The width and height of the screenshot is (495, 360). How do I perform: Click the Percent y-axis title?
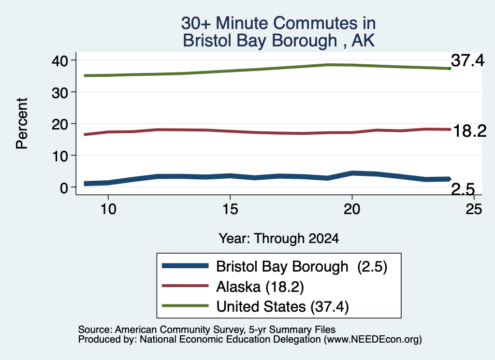click(x=22, y=123)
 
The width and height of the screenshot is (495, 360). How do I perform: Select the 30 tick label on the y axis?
click(x=59, y=92)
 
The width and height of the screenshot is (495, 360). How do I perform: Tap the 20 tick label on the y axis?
click(x=59, y=124)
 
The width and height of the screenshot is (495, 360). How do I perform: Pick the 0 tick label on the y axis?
click(x=64, y=187)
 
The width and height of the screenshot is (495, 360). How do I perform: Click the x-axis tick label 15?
click(x=230, y=209)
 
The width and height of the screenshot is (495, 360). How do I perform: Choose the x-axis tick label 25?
click(x=474, y=209)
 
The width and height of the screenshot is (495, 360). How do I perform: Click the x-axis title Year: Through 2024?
click(x=279, y=239)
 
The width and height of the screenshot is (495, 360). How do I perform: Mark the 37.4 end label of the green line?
click(x=467, y=60)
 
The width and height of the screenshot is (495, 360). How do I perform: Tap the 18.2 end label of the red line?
click(x=470, y=131)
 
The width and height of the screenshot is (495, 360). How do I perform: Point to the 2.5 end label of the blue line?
click(x=463, y=189)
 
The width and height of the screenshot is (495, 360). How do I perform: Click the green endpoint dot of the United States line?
click(x=450, y=69)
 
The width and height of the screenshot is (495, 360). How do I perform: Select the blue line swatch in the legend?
click(x=185, y=266)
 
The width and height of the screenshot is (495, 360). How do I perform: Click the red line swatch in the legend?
click(x=185, y=286)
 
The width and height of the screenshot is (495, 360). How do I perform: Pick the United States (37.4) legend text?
click(x=282, y=307)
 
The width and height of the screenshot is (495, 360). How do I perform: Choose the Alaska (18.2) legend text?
click(x=260, y=287)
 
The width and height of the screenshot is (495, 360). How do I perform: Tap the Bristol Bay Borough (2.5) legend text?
click(x=302, y=267)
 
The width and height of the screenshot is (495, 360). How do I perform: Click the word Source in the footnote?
click(x=95, y=330)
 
